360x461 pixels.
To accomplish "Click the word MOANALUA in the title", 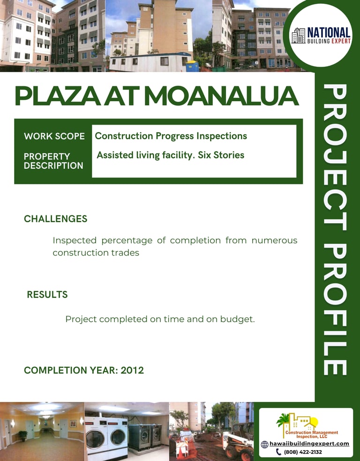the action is [221, 96].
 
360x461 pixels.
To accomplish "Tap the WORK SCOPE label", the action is [54, 136].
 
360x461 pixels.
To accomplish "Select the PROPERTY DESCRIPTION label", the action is [53, 161].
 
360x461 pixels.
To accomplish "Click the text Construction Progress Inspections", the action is [171, 136].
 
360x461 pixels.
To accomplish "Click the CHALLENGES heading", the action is [55, 219].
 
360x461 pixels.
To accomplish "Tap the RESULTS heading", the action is [47, 295].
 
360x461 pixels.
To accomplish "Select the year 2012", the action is [132, 370].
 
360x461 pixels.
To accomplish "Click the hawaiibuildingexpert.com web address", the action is [309, 444].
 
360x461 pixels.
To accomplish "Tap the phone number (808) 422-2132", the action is [303, 452].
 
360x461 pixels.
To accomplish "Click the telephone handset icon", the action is [278, 452].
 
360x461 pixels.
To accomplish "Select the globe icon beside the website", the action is [264, 444].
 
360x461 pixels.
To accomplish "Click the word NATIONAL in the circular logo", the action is [329, 33].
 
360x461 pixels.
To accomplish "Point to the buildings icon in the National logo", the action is [299, 36].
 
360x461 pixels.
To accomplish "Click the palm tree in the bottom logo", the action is [283, 420].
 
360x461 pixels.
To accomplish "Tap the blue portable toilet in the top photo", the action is [193, 66].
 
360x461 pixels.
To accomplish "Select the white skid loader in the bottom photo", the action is [238, 444].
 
